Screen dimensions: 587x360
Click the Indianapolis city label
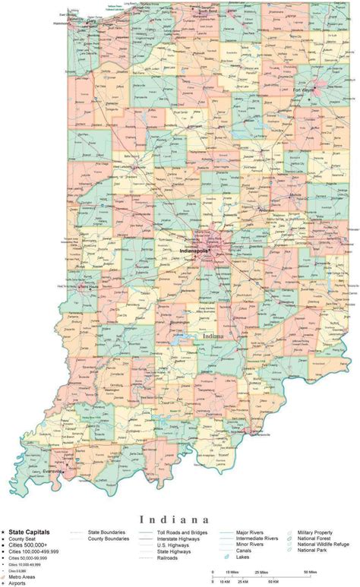click(194, 250)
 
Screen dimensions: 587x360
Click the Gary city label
click(92, 22)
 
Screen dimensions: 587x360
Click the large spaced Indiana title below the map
click(179, 519)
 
